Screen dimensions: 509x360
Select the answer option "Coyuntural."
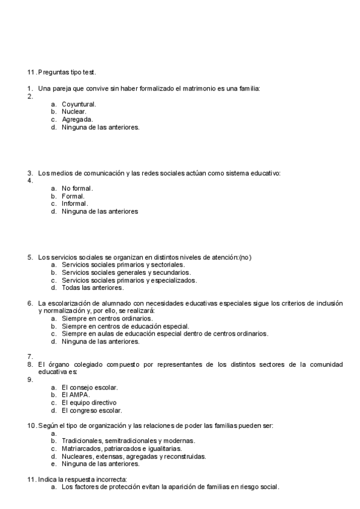coord(79,104)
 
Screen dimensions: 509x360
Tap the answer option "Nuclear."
coord(74,112)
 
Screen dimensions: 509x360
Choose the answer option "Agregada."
coord(77,119)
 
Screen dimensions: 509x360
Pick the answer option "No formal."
coord(77,188)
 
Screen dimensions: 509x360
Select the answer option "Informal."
coord(74,203)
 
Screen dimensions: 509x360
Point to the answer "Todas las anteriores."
coord(92,288)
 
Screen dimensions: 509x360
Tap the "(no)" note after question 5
coord(245,257)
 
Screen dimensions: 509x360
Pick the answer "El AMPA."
coord(75,395)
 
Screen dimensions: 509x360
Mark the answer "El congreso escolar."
coord(92,411)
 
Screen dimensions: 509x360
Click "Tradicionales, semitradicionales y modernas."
coord(128,441)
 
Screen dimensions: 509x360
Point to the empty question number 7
coord(29,357)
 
